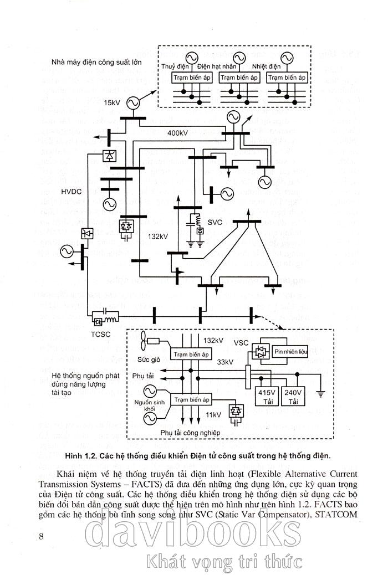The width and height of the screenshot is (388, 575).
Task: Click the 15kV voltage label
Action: [x=111, y=103]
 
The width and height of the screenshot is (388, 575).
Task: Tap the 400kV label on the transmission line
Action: [x=178, y=134]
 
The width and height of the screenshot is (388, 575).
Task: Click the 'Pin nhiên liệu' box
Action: [x=293, y=351]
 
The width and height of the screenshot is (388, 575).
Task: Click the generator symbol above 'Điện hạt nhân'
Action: [x=239, y=58]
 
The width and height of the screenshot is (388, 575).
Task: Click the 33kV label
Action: [x=224, y=362]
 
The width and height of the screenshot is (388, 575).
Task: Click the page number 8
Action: [x=42, y=535]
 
